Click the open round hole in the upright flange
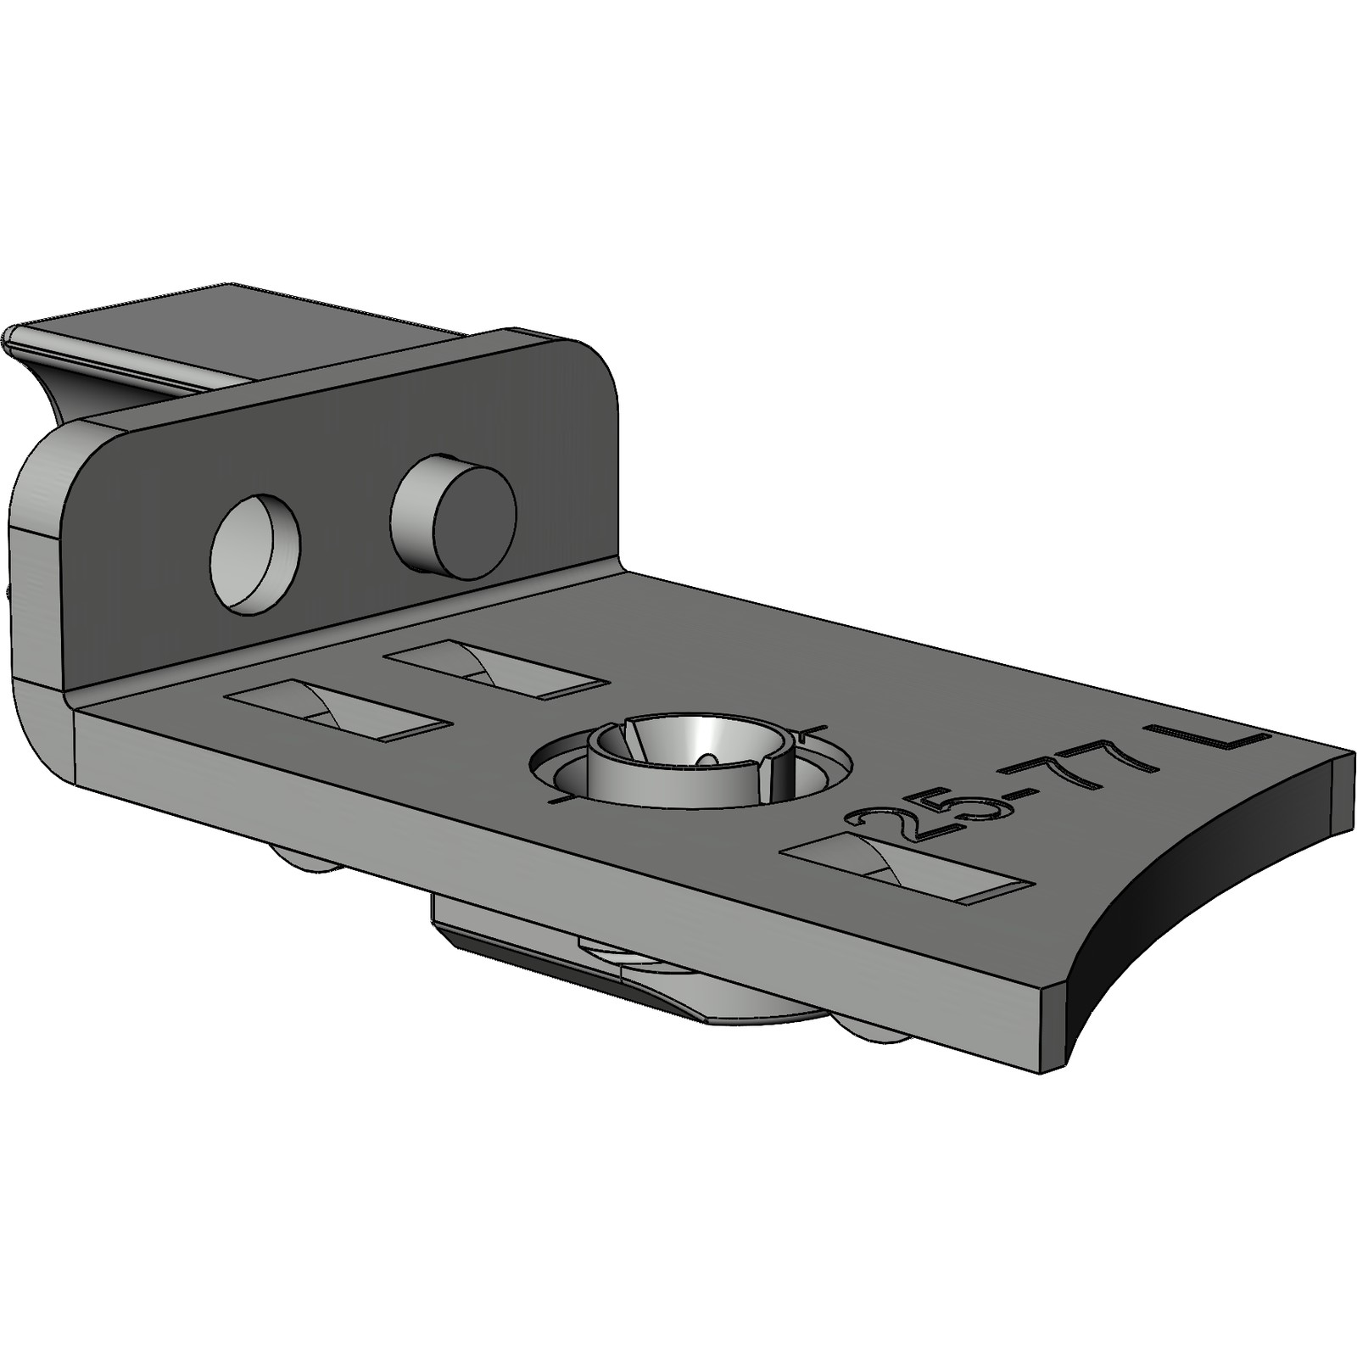[x=255, y=552]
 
